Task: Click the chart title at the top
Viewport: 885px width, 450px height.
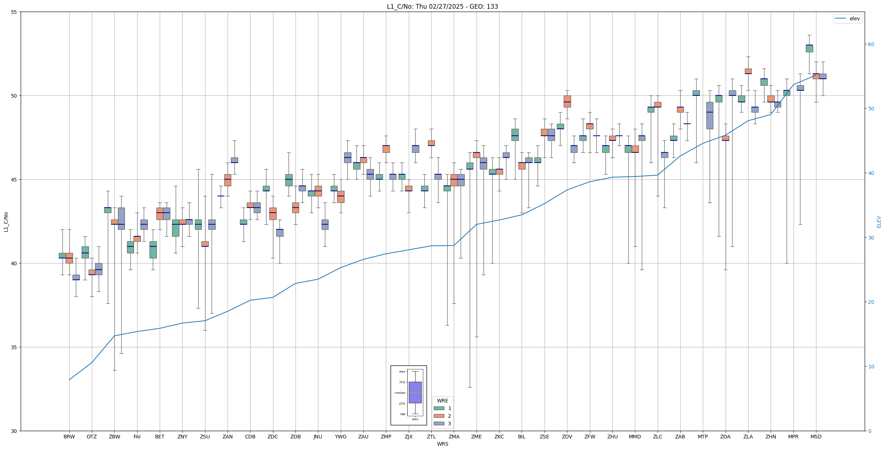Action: pos(442,7)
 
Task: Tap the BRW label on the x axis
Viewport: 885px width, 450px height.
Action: pos(69,437)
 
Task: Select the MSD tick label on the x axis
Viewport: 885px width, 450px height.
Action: pos(816,437)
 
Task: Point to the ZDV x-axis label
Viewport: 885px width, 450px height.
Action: pos(567,437)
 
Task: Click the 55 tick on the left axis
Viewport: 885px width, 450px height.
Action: pos(14,12)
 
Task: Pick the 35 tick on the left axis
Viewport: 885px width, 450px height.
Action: pos(14,347)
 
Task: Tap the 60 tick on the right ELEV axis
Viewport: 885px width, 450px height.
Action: pos(871,44)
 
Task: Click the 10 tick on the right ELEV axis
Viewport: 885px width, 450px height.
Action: pos(871,367)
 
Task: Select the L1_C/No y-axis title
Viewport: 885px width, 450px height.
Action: pos(6,222)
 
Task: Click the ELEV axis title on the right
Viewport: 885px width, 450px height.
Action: pos(879,222)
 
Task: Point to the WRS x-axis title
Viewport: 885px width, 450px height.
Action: pos(442,444)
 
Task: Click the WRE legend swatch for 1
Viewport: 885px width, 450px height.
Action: pos(439,408)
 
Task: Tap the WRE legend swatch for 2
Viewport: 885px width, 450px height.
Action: pos(439,416)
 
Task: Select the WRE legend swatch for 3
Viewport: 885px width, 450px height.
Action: pos(439,424)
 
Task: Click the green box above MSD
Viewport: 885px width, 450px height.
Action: pos(809,49)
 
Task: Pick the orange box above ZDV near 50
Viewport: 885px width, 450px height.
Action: pos(567,101)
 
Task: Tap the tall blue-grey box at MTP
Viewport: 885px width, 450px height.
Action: pos(709,115)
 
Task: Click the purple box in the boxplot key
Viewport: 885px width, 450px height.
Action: pos(415,392)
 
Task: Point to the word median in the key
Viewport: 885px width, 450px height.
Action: pos(400,393)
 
